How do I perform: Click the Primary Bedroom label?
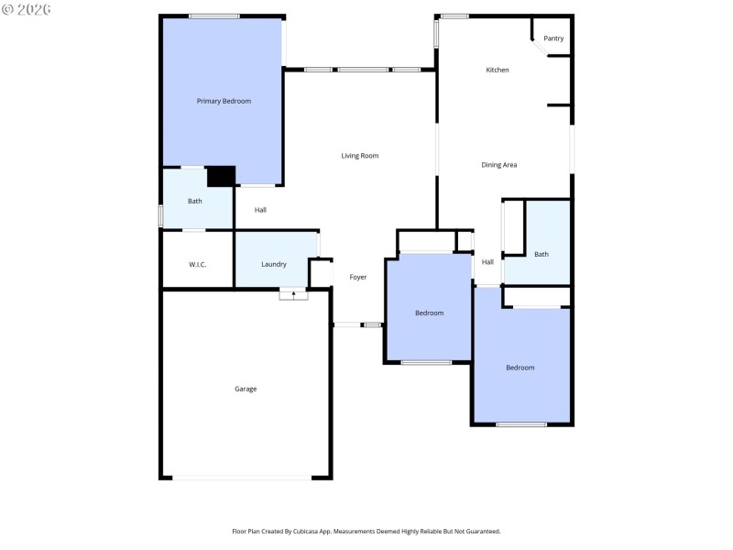tap(224, 101)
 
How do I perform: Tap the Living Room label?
tap(360, 156)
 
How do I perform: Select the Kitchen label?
tap(498, 70)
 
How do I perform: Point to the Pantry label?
tap(553, 38)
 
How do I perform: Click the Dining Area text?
tap(499, 165)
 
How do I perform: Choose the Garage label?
tap(246, 389)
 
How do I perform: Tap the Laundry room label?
tap(274, 264)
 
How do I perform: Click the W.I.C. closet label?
tap(198, 264)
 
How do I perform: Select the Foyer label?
tap(358, 277)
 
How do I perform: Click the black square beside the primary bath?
tap(221, 176)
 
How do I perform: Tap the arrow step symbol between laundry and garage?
tap(293, 294)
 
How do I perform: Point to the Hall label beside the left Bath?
tap(261, 210)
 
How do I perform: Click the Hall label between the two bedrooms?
tap(487, 262)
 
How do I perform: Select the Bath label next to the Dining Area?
tap(542, 254)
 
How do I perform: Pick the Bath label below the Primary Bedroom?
tap(195, 201)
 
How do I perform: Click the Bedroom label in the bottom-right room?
tap(520, 368)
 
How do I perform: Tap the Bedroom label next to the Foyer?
tap(429, 313)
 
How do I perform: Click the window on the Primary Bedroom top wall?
tap(214, 16)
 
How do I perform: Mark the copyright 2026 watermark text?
tap(27, 8)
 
